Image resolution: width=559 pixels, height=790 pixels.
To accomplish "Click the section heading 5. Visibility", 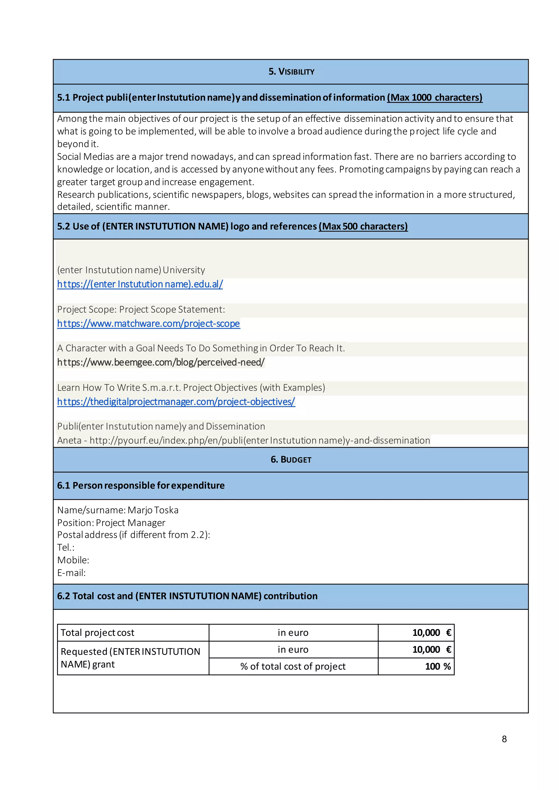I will tap(291, 71).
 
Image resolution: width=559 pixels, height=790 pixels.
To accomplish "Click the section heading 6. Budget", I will tap(291, 459).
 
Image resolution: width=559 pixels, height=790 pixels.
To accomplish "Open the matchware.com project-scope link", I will tap(148, 324).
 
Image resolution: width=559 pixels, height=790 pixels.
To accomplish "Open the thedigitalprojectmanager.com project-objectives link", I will tap(176, 402).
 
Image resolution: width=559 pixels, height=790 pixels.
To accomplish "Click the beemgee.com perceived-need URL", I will tap(161, 362).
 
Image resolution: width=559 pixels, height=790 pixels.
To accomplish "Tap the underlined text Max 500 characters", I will tap(363, 226).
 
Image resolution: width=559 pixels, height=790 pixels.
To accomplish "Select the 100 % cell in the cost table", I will tap(438, 666).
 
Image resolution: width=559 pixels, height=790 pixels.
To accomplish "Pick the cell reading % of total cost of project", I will tap(293, 666).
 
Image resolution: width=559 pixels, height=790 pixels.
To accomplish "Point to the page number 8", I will tap(504, 739).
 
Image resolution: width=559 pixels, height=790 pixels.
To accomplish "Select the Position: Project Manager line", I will tap(111, 523).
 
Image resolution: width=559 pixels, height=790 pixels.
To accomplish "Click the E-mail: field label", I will tap(71, 573).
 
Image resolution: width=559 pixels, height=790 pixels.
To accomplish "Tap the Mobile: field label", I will tap(73, 560).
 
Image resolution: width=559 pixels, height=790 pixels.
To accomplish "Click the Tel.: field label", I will tap(66, 547).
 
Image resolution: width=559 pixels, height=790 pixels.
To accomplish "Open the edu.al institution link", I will tap(140, 284).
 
